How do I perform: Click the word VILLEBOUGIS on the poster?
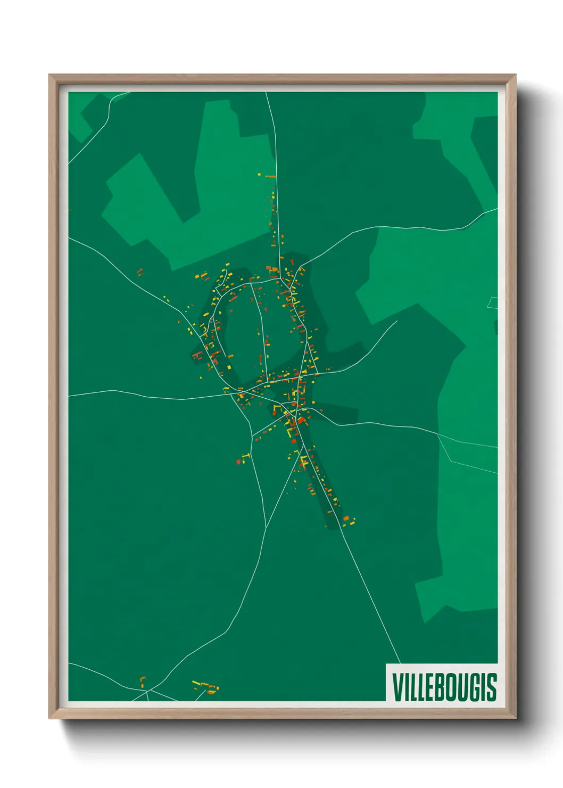tap(444, 687)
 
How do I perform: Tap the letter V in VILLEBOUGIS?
tap(397, 687)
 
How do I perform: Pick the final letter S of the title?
tap(491, 687)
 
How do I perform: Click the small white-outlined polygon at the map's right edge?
tap(493, 302)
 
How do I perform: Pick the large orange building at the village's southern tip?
tap(346, 518)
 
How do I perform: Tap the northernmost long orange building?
tap(271, 176)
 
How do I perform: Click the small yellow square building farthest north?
tap(259, 174)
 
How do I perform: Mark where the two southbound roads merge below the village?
tap(266, 527)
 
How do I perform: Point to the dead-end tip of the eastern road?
tap(397, 321)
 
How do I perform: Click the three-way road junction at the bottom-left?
tap(147, 691)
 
